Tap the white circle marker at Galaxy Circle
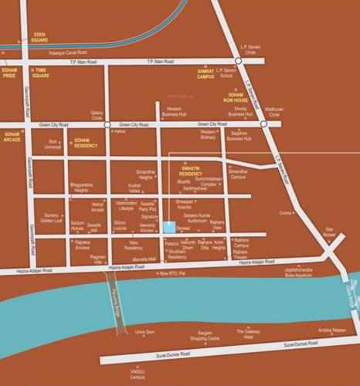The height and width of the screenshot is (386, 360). click(107, 124)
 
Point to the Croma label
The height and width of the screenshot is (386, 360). click(287, 213)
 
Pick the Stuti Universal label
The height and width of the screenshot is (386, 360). click(53, 144)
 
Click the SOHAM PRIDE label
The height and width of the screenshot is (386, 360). click(10, 73)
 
